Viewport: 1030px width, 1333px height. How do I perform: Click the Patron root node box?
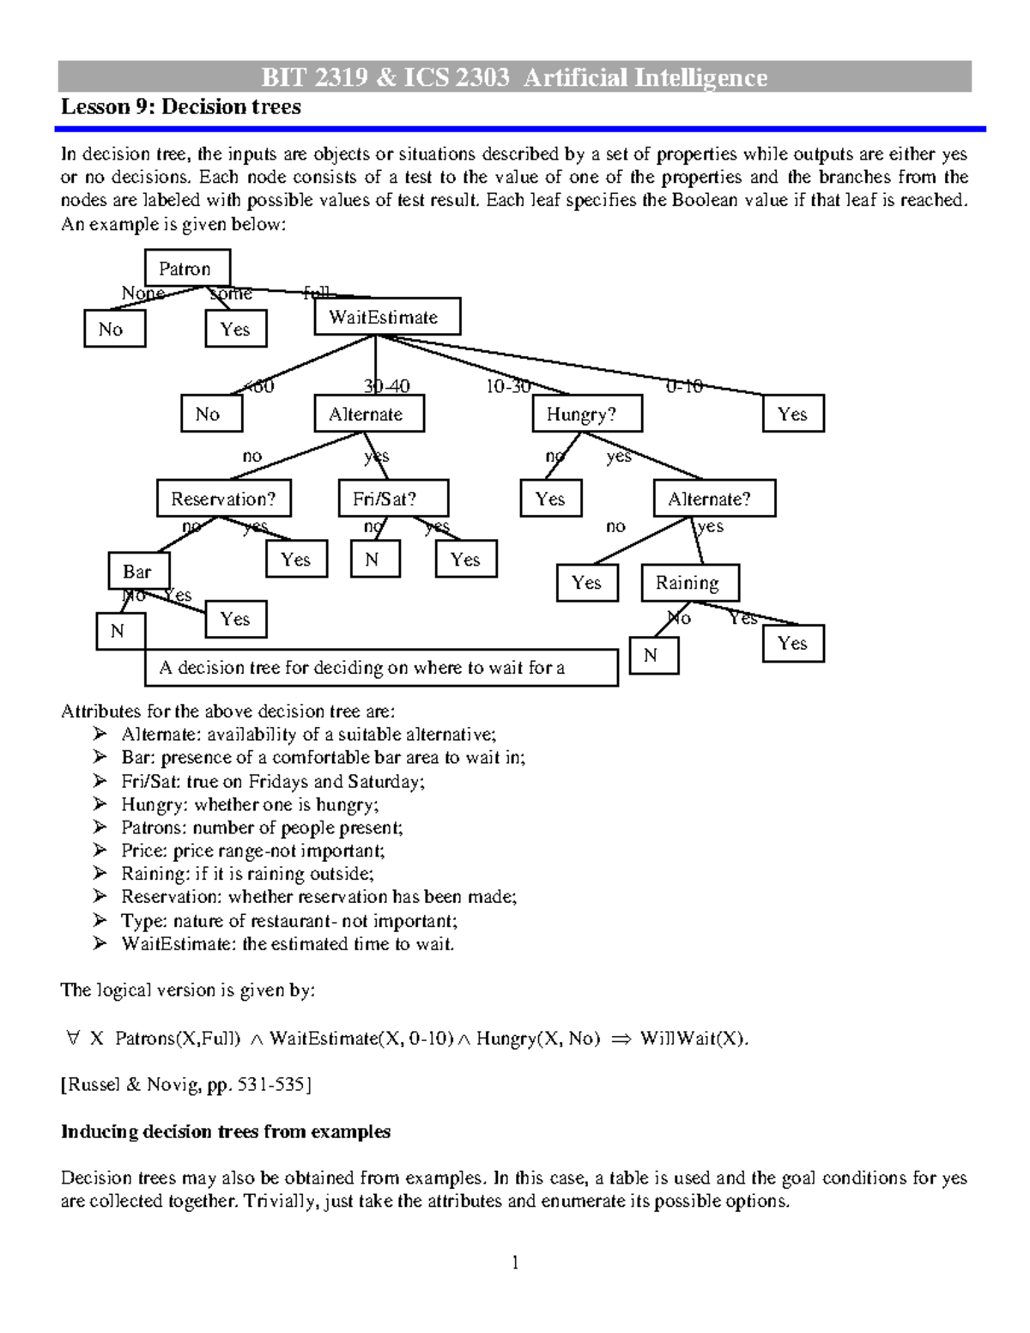tap(188, 269)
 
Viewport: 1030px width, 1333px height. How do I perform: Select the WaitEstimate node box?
tap(387, 317)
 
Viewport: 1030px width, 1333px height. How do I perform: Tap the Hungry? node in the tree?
tap(587, 414)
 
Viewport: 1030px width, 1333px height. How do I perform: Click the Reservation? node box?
tap(223, 499)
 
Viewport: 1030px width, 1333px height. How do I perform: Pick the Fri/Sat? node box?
tap(393, 499)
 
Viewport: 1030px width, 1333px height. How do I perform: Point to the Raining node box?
tap(690, 583)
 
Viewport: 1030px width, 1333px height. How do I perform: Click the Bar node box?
tap(139, 572)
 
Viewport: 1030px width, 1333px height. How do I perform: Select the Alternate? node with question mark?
tap(715, 499)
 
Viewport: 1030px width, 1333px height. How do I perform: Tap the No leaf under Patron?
tap(114, 329)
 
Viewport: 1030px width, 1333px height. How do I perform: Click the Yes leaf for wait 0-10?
tap(793, 414)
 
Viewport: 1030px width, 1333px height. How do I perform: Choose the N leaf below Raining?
tap(653, 656)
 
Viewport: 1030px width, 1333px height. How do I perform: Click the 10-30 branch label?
tap(507, 387)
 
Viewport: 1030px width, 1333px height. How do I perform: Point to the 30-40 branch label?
tap(386, 387)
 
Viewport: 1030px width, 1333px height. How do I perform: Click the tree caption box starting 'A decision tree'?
tap(381, 668)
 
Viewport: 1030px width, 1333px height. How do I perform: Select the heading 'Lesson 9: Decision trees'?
tap(181, 107)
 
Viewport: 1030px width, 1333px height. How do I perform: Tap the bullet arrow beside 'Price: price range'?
tap(101, 850)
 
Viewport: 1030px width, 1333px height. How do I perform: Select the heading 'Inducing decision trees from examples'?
tap(226, 1131)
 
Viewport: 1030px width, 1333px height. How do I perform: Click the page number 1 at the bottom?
tap(515, 1262)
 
